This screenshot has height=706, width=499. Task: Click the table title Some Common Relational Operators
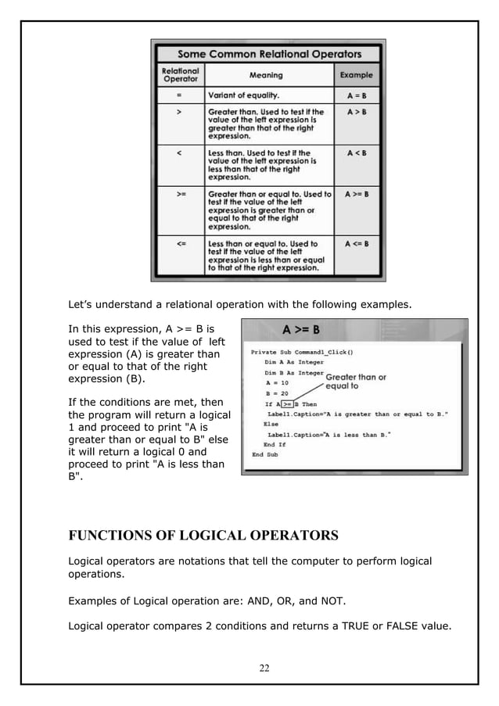point(269,54)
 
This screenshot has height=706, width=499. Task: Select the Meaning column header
point(266,76)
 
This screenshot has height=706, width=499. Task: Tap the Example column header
point(356,76)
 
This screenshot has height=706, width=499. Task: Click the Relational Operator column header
point(181,76)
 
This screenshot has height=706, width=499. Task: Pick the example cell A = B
point(356,95)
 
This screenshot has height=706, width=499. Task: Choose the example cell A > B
point(356,112)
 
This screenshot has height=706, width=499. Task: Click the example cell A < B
point(356,153)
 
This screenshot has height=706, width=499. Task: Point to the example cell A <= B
point(356,244)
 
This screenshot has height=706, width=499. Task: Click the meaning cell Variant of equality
point(243,95)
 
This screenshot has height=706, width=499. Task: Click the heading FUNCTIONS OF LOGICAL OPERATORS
point(203,536)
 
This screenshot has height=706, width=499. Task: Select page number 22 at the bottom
point(264,668)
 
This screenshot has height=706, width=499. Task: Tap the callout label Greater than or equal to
point(355,382)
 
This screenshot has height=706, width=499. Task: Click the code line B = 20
point(278,393)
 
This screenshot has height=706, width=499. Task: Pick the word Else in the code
point(271,424)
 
